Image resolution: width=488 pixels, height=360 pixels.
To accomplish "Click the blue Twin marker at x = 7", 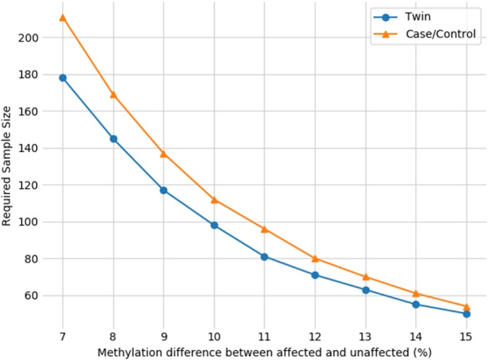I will [x=63, y=78].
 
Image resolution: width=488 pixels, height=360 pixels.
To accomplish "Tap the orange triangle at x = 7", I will [x=63, y=17].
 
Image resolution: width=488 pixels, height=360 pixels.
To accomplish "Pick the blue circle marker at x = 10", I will [x=214, y=225].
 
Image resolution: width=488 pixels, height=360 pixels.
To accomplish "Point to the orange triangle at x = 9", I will [x=164, y=153].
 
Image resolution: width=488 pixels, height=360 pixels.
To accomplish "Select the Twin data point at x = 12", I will [x=315, y=275].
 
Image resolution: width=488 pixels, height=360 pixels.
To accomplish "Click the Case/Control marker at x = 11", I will [x=264, y=229].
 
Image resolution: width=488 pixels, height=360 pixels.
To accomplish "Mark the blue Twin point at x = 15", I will [x=466, y=313].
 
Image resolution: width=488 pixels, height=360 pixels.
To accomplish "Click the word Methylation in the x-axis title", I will [x=122, y=351].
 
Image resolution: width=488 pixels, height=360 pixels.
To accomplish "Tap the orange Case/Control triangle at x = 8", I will [x=113, y=95].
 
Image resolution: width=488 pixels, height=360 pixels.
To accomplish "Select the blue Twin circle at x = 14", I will [x=415, y=304].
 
